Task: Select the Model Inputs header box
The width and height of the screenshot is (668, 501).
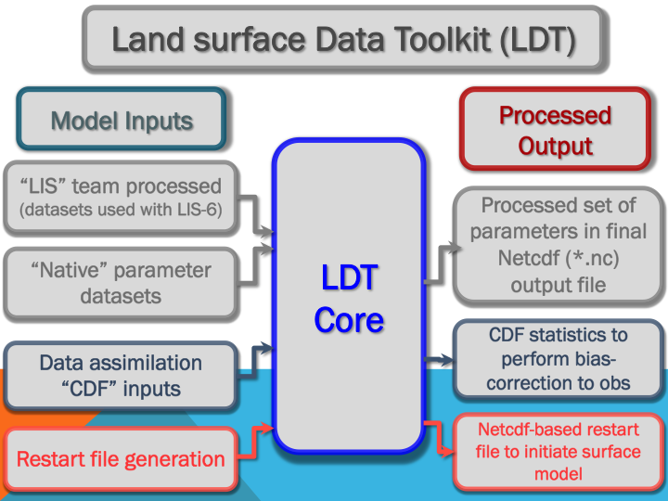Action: coord(122,121)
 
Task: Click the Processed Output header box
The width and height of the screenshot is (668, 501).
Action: coord(555,130)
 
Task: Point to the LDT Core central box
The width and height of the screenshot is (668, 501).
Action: coord(348,297)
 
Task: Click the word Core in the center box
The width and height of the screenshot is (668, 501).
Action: coord(348,319)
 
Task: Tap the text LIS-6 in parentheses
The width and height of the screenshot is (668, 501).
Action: coord(210,210)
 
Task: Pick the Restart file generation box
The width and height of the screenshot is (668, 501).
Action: coord(121,458)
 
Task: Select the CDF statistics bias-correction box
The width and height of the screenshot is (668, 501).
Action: coord(559,358)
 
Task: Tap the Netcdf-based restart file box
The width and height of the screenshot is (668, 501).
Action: coord(559,452)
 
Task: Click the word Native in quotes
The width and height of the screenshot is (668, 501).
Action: coord(77,271)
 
